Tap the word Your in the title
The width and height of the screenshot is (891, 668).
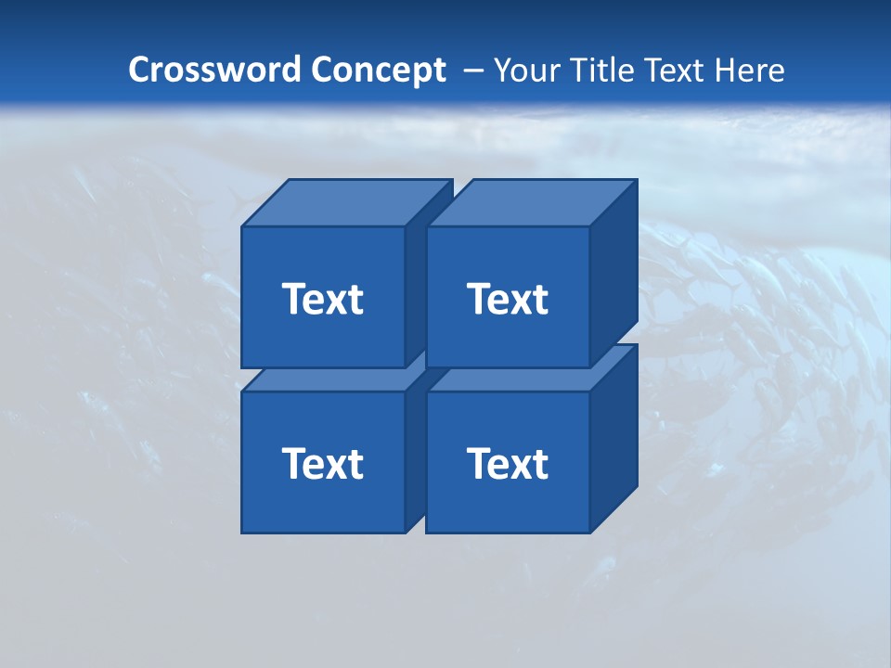point(523,71)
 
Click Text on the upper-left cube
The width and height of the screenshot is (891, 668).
point(322,299)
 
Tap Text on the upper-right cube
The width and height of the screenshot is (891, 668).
point(507,299)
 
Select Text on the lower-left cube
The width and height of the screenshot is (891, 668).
point(322,463)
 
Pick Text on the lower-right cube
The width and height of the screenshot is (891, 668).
point(507,463)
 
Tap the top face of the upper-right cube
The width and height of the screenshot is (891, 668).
point(532,203)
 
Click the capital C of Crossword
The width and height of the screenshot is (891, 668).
point(139,70)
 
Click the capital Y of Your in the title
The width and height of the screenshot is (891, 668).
point(502,71)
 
